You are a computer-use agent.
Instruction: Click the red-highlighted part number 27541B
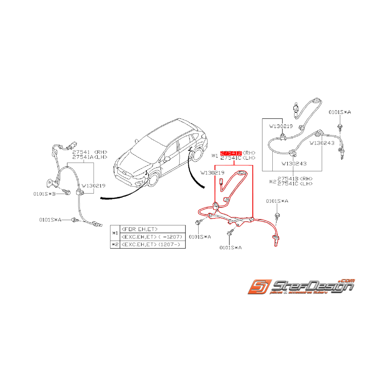231,153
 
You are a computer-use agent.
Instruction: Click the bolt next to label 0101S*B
66,192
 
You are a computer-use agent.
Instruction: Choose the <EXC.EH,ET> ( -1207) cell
152,237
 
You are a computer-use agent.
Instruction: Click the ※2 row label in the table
115,245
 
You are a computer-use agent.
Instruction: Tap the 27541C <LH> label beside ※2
295,183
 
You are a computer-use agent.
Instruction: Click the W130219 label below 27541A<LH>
93,186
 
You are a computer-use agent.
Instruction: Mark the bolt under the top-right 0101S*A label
340,126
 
